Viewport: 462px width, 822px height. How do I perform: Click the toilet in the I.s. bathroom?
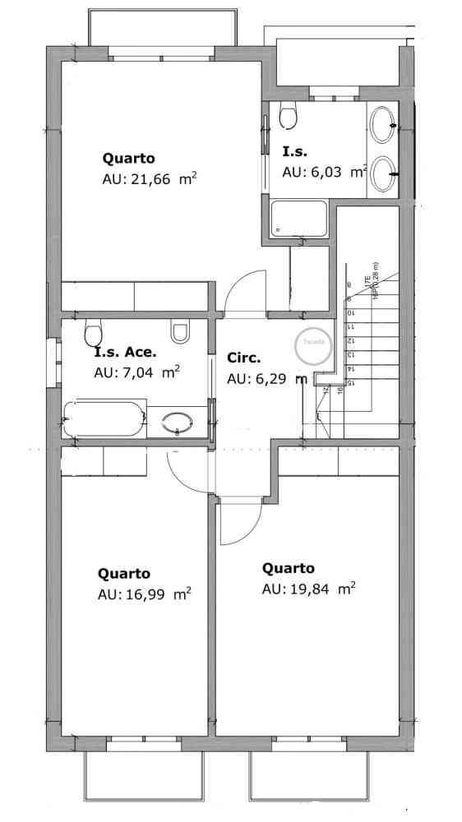(287, 116)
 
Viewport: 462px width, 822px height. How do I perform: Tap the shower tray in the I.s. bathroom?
(299, 219)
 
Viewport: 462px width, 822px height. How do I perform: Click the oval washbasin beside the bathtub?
(178, 423)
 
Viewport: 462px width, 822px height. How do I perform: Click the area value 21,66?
(149, 180)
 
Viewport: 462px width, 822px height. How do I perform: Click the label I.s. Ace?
(125, 353)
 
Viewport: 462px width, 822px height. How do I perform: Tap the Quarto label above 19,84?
(288, 568)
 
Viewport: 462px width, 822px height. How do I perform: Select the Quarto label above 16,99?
(123, 574)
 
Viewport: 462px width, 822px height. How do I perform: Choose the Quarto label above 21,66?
(128, 157)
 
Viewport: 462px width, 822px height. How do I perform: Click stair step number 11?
(351, 326)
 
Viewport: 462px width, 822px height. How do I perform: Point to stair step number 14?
(351, 369)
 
